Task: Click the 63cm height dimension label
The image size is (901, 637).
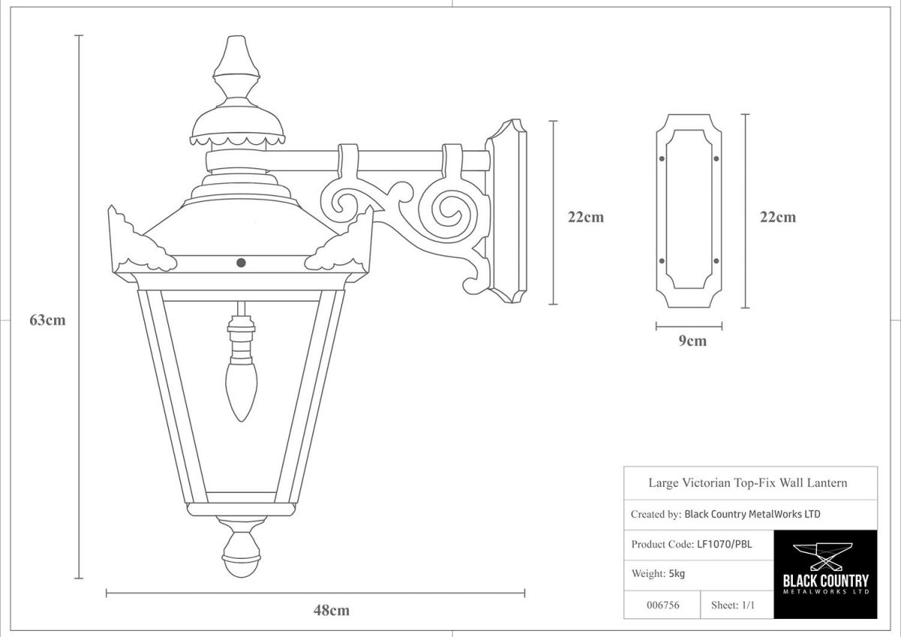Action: [x=47, y=320]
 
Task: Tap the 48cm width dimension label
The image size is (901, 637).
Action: [x=331, y=610]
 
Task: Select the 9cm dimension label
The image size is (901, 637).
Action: [x=692, y=341]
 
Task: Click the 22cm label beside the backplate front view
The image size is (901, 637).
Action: [x=778, y=218]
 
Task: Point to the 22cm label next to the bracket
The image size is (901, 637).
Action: [x=586, y=218]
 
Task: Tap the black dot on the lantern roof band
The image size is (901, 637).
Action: [x=241, y=262]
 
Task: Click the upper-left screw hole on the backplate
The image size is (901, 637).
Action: [x=661, y=158]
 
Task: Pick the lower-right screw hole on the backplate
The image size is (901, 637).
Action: [x=716, y=261]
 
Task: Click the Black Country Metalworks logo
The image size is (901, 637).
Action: [x=824, y=573]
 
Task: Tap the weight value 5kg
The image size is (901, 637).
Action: [x=677, y=574]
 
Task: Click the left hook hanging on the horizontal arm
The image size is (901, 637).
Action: [x=351, y=160]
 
